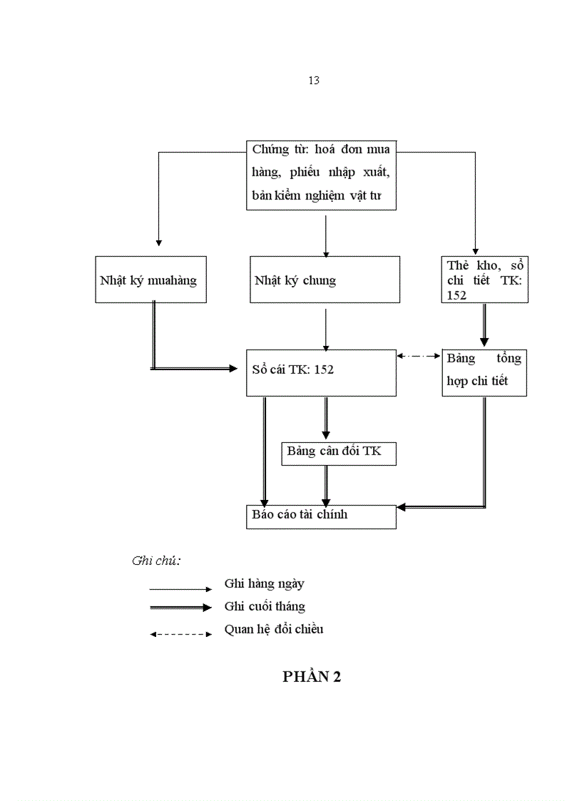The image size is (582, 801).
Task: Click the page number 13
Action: point(313,81)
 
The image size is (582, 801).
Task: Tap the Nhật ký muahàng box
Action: point(150,280)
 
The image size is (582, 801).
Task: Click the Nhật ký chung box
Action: point(325,280)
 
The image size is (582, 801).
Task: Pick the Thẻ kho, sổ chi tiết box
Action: point(484,280)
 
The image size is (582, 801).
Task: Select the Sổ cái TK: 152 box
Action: point(321,372)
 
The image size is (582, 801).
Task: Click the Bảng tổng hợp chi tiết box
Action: point(484,372)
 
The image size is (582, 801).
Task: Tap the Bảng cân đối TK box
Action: point(338,454)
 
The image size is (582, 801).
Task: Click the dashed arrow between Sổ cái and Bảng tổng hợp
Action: point(419,355)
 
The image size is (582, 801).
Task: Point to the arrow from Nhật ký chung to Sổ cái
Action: point(326,329)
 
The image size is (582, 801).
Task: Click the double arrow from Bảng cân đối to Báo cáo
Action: point(327,485)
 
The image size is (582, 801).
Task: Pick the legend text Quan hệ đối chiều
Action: point(273,629)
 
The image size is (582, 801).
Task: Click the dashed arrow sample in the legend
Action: point(180,634)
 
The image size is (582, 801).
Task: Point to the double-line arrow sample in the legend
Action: point(180,608)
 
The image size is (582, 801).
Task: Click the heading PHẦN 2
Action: point(312,678)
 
